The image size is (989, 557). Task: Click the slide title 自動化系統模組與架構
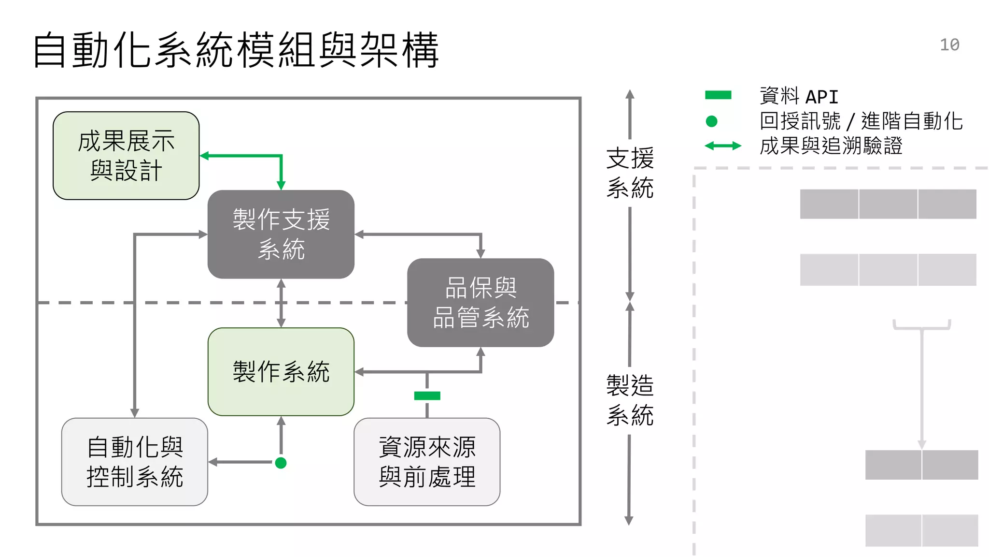pos(236,50)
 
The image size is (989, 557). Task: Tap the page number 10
pos(949,45)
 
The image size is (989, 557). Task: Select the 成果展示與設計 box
pos(126,156)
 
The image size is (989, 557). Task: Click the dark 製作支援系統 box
pos(281,235)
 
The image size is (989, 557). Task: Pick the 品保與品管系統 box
pos(480,303)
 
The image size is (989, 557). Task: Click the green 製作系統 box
pos(281,372)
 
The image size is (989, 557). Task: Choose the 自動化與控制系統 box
pos(135,462)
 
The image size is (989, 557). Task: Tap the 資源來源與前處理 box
pos(427,462)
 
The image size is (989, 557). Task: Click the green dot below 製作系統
pos(281,463)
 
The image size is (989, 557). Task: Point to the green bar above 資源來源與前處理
pos(427,396)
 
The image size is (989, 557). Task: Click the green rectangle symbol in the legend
pos(718,95)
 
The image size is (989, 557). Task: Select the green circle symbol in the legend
pos(711,121)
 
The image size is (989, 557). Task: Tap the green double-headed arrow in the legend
pos(722,146)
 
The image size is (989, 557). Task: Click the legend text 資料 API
pos(799,96)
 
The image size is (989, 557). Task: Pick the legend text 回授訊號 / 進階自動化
pos(861,121)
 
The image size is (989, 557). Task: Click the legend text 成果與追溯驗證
pos(831,146)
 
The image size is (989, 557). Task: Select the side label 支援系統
pos(630,173)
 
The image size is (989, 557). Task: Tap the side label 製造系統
pos(630,400)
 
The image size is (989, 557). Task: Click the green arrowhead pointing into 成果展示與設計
pos(204,156)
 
